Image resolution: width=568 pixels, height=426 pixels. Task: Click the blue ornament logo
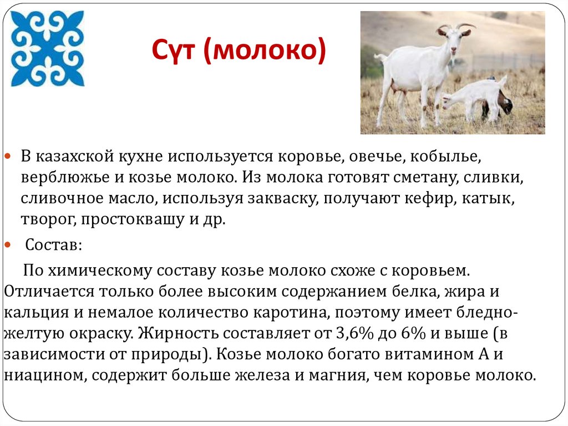coord(48,49)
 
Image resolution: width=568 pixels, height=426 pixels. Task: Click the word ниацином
coord(45,375)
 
